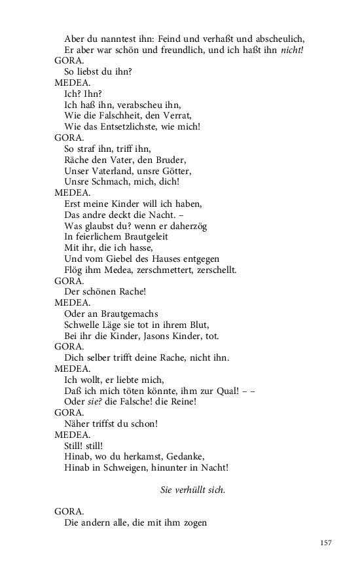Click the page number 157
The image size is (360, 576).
point(326,543)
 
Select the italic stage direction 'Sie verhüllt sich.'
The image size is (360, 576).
point(192,490)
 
